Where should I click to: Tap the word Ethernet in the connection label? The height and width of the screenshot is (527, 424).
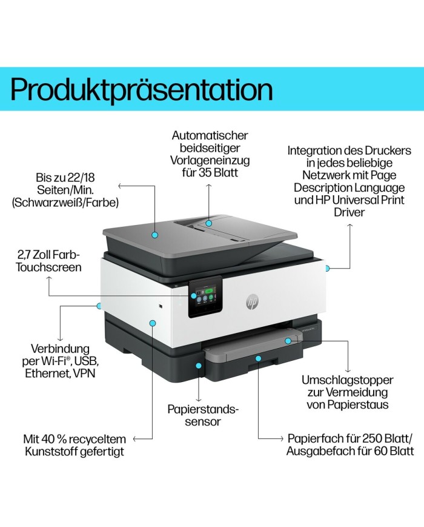pyautogui.click(x=47, y=373)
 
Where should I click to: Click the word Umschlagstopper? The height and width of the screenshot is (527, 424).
pyautogui.click(x=348, y=380)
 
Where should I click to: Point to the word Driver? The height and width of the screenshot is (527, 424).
pyautogui.click(x=349, y=212)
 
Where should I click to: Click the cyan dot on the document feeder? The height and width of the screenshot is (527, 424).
pyautogui.click(x=208, y=223)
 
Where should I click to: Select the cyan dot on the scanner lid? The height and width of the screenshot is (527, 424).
pyautogui.click(x=155, y=234)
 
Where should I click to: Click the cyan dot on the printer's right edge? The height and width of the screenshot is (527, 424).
pyautogui.click(x=327, y=267)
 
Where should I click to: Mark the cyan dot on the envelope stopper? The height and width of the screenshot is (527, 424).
pyautogui.click(x=288, y=341)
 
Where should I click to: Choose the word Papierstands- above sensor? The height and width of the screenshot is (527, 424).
pyautogui.click(x=203, y=409)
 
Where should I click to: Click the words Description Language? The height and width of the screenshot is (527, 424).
pyautogui.click(x=349, y=187)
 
